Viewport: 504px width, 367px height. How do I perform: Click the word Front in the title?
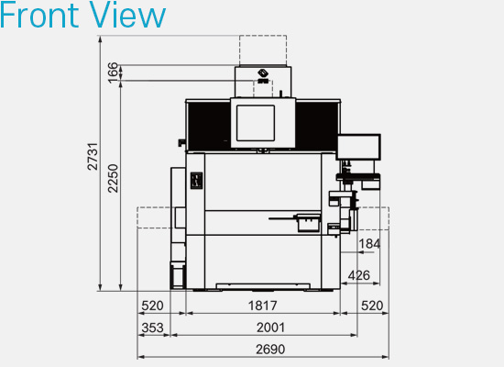(x=39, y=15)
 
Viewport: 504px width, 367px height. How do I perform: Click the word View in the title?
(x=127, y=15)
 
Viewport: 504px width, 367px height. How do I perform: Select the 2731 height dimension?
(x=93, y=156)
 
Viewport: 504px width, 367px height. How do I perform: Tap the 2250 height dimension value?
(x=113, y=178)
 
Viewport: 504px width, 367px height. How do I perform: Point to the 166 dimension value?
(x=113, y=73)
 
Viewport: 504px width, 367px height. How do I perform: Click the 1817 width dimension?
(x=263, y=306)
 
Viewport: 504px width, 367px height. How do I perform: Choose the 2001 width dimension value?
(x=270, y=328)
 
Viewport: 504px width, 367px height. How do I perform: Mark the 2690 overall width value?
(x=270, y=350)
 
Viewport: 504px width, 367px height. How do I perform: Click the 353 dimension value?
(x=153, y=328)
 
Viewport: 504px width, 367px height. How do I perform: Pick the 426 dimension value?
(x=359, y=275)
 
